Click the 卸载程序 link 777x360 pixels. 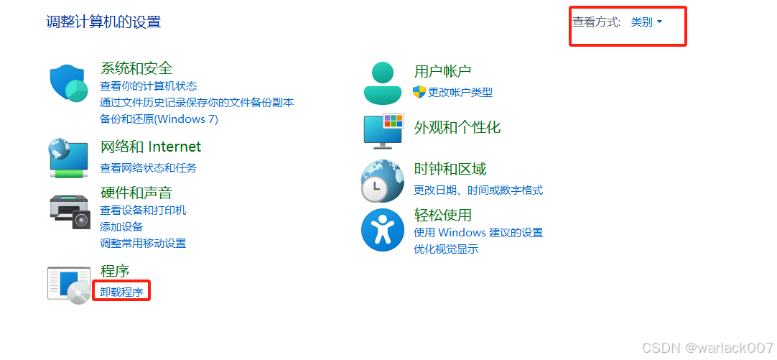coord(121,292)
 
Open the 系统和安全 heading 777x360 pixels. coord(136,68)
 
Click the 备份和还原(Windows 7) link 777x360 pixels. coord(159,119)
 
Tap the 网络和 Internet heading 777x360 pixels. coord(151,147)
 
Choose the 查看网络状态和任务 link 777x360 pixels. coord(148,167)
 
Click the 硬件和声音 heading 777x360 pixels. coord(136,193)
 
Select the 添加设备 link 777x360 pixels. coord(121,226)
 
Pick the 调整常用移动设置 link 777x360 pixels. coord(143,243)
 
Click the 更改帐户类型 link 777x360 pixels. coord(460,92)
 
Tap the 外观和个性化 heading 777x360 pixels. coord(457,127)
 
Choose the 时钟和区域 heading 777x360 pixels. coord(450,169)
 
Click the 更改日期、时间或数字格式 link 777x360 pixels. coord(478,190)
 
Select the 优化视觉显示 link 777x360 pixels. coord(446,249)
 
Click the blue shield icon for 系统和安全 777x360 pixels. coord(69,83)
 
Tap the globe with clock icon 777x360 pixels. coord(382,180)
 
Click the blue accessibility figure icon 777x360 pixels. coord(383,230)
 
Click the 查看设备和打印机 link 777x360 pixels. coord(143,211)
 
